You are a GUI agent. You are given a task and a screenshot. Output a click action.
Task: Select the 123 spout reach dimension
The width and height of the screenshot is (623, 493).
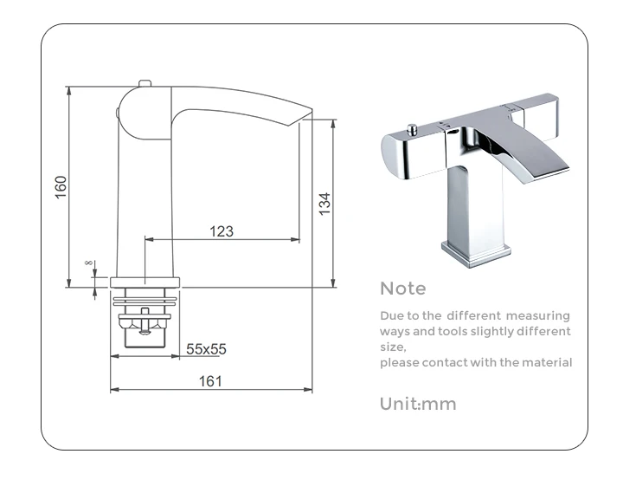[x=222, y=231]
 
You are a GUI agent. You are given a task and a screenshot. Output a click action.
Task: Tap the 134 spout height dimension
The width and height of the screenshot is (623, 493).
[x=324, y=204]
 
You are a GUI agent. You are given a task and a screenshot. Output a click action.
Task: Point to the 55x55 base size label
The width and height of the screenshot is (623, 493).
[x=206, y=348]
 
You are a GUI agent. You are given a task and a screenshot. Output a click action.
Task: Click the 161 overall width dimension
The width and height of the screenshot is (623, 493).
[x=210, y=380]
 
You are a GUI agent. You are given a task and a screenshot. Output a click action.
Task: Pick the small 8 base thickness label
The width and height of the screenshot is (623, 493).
[x=88, y=263]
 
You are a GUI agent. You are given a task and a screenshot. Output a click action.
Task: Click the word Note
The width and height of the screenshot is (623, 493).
[x=402, y=289]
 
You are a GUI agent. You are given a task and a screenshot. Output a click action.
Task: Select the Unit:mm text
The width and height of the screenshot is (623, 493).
[x=417, y=404]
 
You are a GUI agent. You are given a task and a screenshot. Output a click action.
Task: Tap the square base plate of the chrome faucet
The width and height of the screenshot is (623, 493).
[x=470, y=252]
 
